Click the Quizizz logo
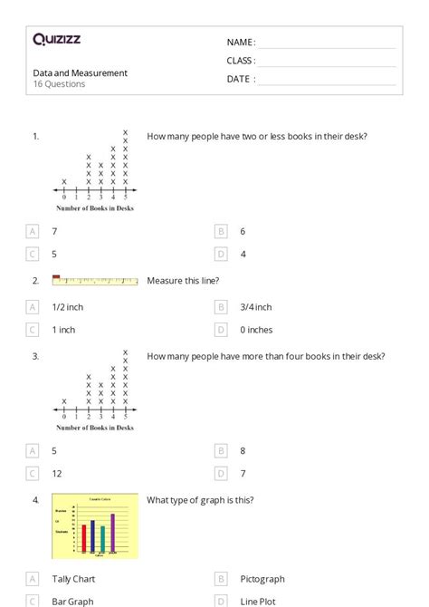tap(56, 39)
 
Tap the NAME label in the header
tap(241, 42)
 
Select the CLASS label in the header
tap(241, 61)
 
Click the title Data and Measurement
tap(80, 72)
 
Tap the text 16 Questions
tap(59, 84)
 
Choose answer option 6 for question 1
tap(243, 231)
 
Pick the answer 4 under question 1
tap(243, 255)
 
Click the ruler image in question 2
tap(95, 281)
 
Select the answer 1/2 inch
tap(68, 307)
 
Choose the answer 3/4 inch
tap(256, 307)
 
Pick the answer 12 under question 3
tap(57, 473)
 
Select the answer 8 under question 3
tap(243, 449)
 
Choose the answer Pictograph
tap(262, 579)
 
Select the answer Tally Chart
tap(73, 579)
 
